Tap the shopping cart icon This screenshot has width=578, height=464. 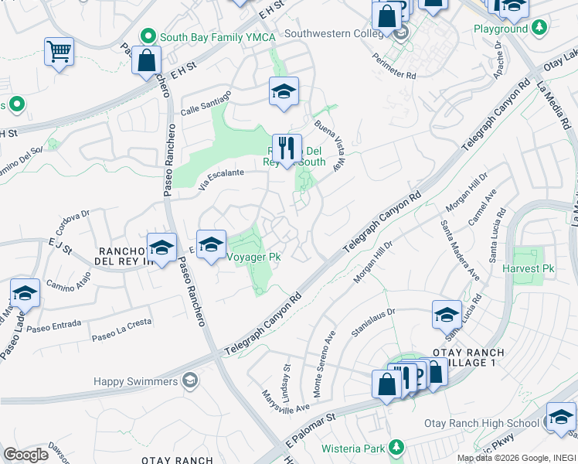click(59, 53)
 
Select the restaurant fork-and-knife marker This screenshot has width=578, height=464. click(287, 148)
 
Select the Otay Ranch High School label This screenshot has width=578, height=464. click(481, 423)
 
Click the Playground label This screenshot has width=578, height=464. click(501, 29)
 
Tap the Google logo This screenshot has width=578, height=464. click(26, 454)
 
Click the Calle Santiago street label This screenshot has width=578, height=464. click(206, 104)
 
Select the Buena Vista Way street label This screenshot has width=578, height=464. click(329, 145)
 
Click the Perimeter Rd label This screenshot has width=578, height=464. click(393, 66)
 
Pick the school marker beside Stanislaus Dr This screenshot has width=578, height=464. click(447, 313)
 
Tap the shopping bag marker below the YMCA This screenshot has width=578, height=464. click(146, 60)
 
